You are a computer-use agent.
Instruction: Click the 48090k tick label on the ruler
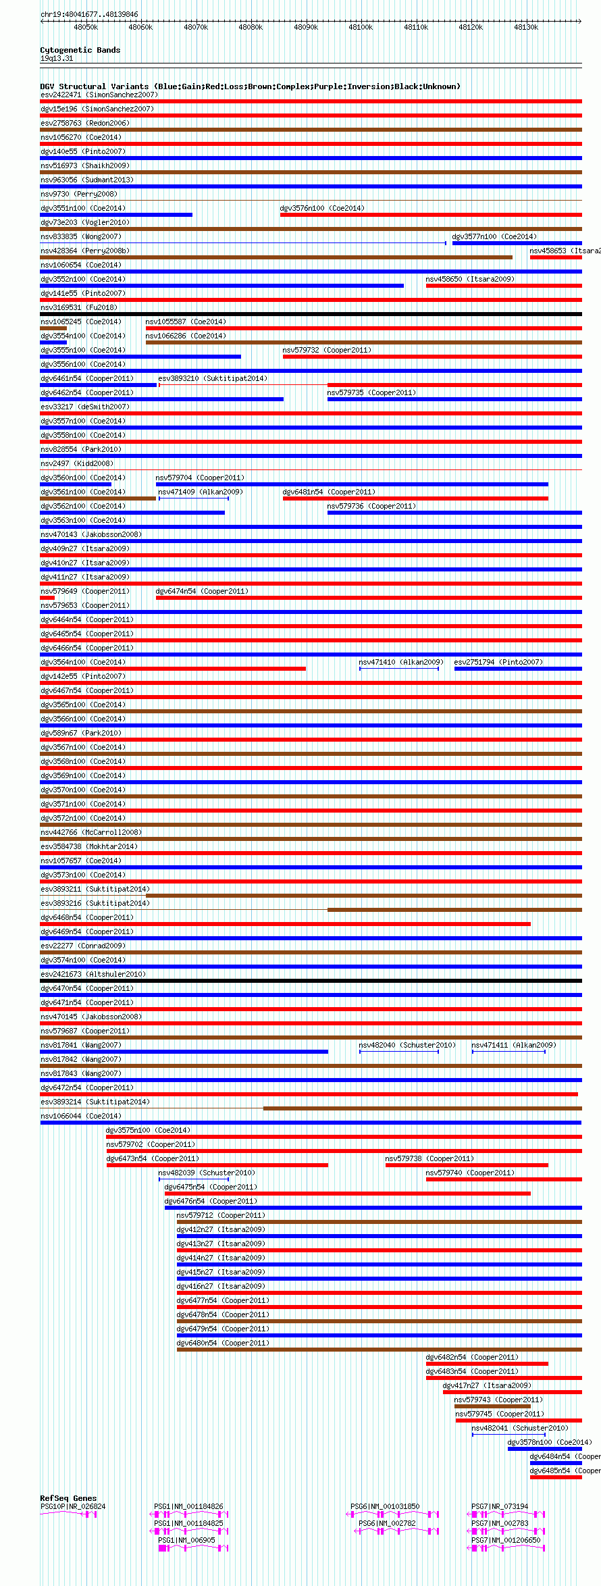click(x=306, y=27)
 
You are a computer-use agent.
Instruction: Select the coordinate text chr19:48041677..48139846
click(x=89, y=14)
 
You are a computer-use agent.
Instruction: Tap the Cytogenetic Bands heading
click(x=80, y=50)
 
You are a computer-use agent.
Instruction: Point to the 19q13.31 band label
click(x=57, y=58)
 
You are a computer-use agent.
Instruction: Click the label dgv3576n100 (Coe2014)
click(x=322, y=208)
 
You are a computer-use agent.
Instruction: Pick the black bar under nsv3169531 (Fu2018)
click(x=311, y=314)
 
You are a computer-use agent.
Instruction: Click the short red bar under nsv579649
click(x=47, y=598)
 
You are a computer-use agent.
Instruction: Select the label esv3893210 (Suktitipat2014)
click(x=213, y=378)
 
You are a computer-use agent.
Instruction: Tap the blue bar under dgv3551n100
click(x=116, y=215)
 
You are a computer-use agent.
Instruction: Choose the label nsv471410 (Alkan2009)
click(x=400, y=662)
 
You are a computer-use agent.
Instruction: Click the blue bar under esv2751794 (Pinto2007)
click(x=518, y=669)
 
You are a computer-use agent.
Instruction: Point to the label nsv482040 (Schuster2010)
click(x=407, y=1045)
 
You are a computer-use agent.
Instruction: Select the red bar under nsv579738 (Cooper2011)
click(x=467, y=1165)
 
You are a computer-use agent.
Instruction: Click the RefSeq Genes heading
click(x=68, y=1498)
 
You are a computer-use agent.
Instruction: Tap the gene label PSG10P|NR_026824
click(x=73, y=1506)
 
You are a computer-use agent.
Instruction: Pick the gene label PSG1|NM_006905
click(x=186, y=1540)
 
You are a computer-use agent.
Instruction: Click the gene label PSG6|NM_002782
click(x=387, y=1523)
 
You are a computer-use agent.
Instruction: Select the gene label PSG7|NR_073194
click(x=500, y=1506)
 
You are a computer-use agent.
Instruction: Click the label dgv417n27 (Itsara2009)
click(x=487, y=1385)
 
